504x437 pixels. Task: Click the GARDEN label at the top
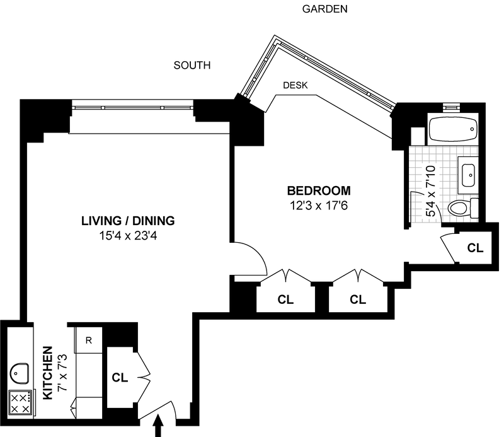coord(325,9)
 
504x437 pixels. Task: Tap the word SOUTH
coord(192,65)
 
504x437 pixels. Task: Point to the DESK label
coord(295,86)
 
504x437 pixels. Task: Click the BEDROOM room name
coord(319,190)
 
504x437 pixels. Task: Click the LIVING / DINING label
coord(127,221)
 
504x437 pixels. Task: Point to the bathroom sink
coord(468,171)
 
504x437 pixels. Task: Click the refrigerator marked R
coord(89,341)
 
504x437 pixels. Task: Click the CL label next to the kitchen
coord(120,378)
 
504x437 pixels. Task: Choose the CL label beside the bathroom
coord(475,248)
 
